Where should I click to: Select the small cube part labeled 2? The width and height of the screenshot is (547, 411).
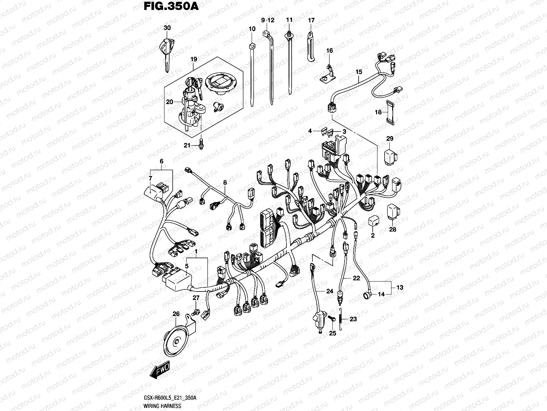[x=374, y=221]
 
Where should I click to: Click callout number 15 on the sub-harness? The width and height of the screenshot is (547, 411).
[x=359, y=72]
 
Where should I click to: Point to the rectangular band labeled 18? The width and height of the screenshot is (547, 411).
[x=389, y=112]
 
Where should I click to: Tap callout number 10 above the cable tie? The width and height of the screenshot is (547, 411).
[x=252, y=29]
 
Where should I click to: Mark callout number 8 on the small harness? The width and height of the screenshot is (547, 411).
[x=225, y=183]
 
